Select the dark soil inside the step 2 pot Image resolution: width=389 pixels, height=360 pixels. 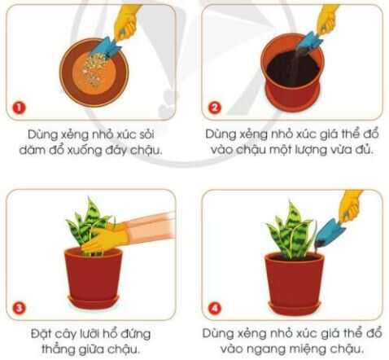pyautogui.click(x=290, y=65)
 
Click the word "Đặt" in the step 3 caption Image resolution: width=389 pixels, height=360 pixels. pyautogui.click(x=36, y=334)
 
